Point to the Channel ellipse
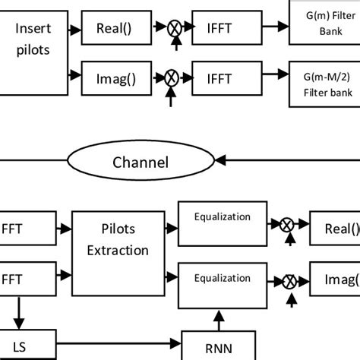coord(140,162)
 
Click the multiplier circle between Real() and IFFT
coord(175,28)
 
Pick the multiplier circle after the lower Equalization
coord(289,281)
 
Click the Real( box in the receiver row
coord(335,228)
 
